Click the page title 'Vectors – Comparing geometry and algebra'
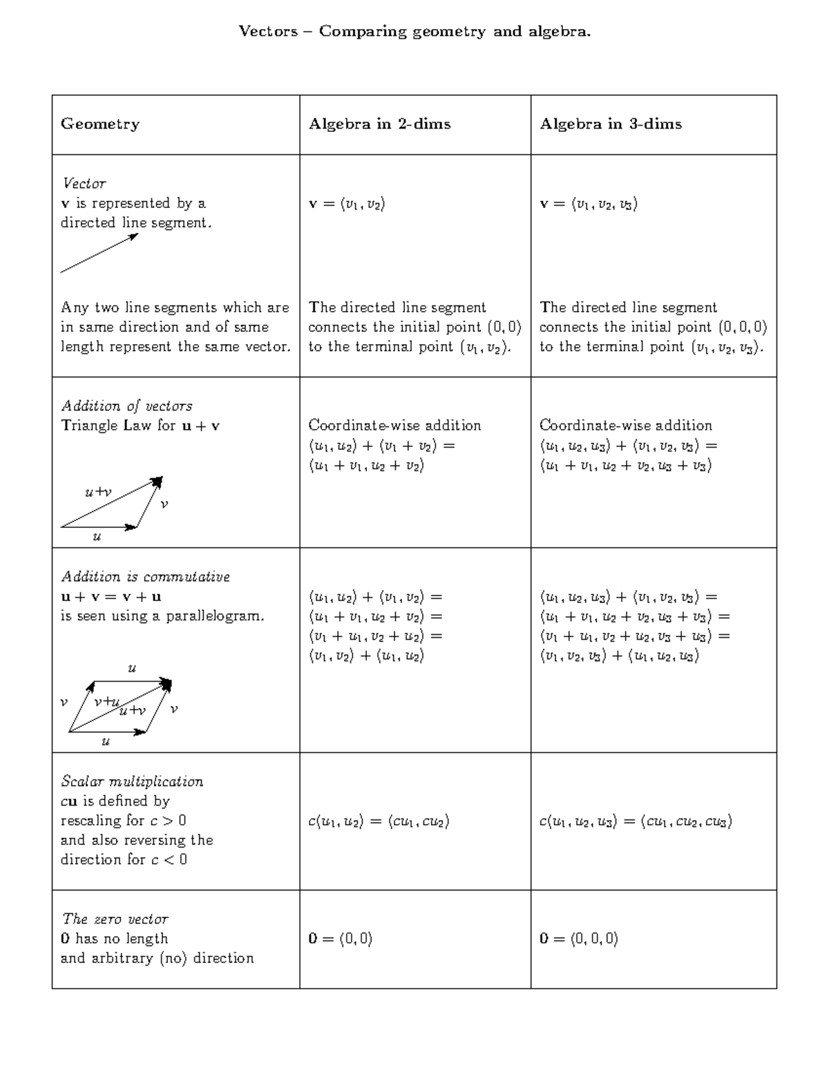pyautogui.click(x=414, y=32)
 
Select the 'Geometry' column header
pyautogui.click(x=100, y=124)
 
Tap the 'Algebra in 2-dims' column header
pyautogui.click(x=379, y=124)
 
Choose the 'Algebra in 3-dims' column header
pyautogui.click(x=611, y=124)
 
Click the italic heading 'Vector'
pyautogui.click(x=84, y=183)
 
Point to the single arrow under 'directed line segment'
pyautogui.click(x=99, y=254)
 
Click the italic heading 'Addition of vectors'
pyautogui.click(x=126, y=406)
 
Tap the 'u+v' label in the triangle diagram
pyautogui.click(x=98, y=492)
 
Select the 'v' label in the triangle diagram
pyautogui.click(x=164, y=504)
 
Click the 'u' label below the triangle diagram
pyautogui.click(x=97, y=537)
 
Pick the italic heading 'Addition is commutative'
pyautogui.click(x=145, y=576)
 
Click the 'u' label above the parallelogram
pyautogui.click(x=132, y=668)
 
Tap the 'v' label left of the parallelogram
pyautogui.click(x=64, y=702)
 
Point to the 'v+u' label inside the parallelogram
pyautogui.click(x=107, y=701)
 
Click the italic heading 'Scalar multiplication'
pyautogui.click(x=131, y=781)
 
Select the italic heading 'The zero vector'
pyautogui.click(x=115, y=919)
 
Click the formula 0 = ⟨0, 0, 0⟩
pyautogui.click(x=578, y=938)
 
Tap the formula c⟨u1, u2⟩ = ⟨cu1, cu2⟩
pyautogui.click(x=379, y=821)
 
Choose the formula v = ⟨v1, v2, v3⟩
pyautogui.click(x=589, y=204)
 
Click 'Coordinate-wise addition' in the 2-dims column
pyautogui.click(x=394, y=425)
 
